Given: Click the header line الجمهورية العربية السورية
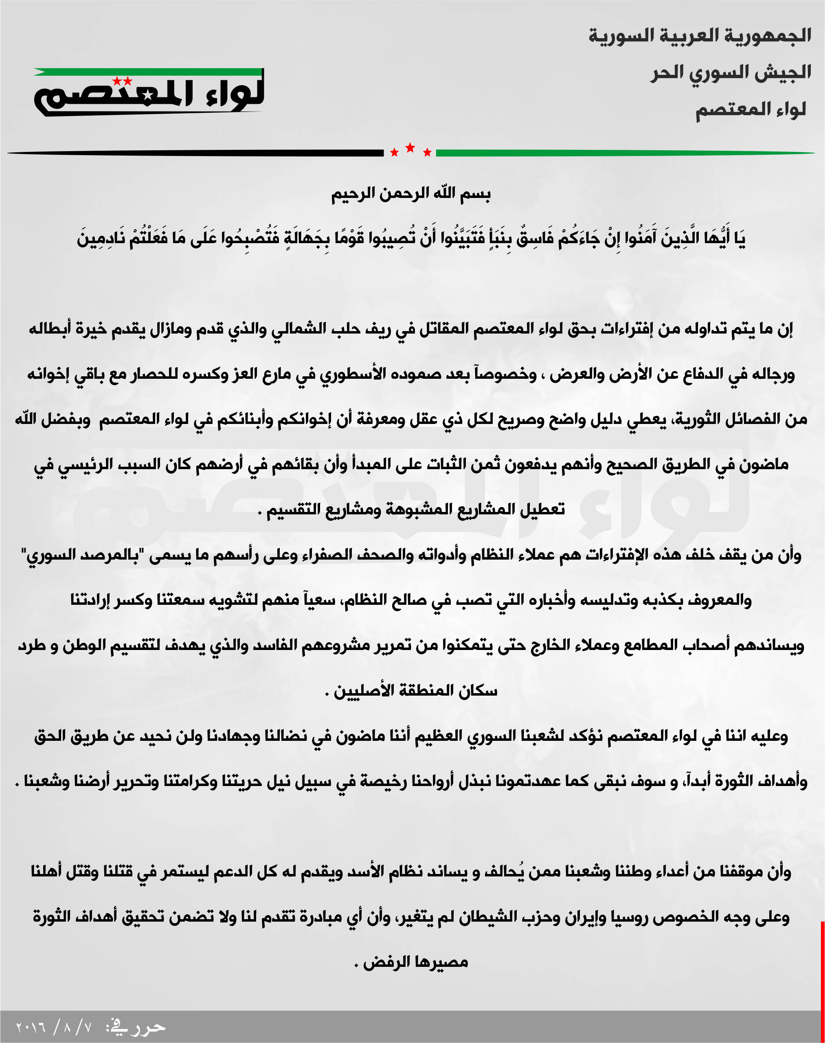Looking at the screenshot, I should pos(700,36).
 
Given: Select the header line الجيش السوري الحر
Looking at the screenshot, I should pos(731,73).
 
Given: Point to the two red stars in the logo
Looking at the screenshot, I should pos(122,81).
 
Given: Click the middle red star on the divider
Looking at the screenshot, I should pos(410,148).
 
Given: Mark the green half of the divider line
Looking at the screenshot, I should pos(623,153).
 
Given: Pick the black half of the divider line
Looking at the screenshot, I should pos(193,153).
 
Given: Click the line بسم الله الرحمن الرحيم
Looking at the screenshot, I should pos(410,194).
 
